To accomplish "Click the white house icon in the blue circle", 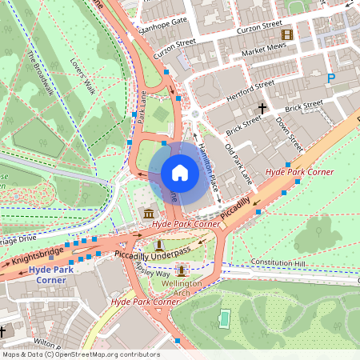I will [180, 173].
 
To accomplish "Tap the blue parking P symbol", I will [331, 78].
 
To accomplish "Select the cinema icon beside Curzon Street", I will [286, 34].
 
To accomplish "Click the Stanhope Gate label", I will [163, 19].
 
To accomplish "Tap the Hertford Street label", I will [250, 86].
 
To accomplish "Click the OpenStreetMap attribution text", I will [80, 354].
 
